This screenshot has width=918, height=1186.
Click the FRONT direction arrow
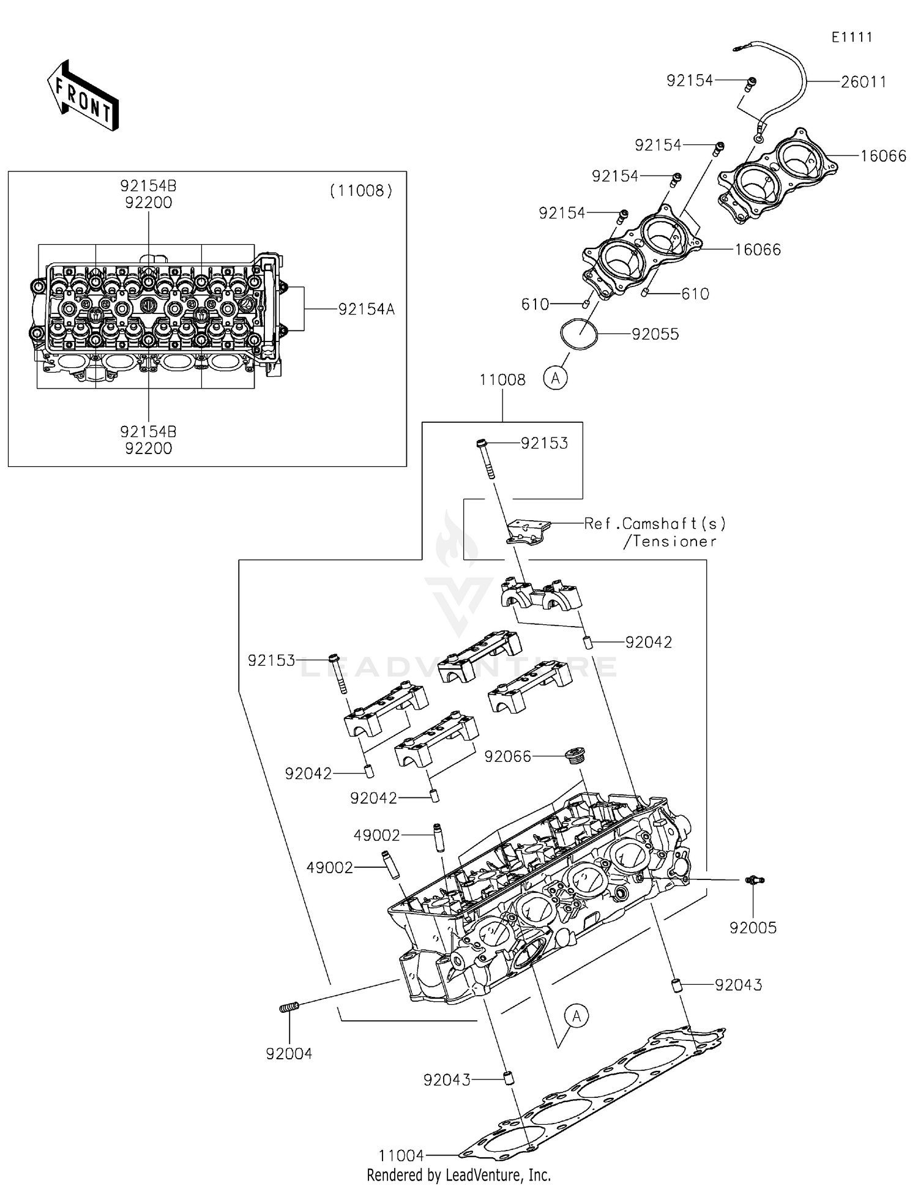[83, 96]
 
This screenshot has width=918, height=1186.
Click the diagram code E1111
[851, 37]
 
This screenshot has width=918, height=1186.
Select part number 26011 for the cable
[863, 82]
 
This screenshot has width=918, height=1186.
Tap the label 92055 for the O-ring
[655, 334]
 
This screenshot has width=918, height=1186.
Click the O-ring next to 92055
[578, 334]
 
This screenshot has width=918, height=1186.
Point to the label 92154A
[366, 310]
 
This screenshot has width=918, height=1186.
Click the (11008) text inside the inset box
[361, 191]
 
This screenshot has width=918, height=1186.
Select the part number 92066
[507, 757]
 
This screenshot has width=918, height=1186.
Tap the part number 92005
[753, 928]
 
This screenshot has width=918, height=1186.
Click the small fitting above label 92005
[755, 880]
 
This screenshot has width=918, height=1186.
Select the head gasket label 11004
[401, 1155]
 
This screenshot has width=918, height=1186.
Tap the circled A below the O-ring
[555, 378]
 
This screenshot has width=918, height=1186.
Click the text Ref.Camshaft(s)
[655, 524]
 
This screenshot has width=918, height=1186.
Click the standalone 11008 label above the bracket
[502, 380]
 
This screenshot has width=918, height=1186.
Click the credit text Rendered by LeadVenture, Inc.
[458, 1175]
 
